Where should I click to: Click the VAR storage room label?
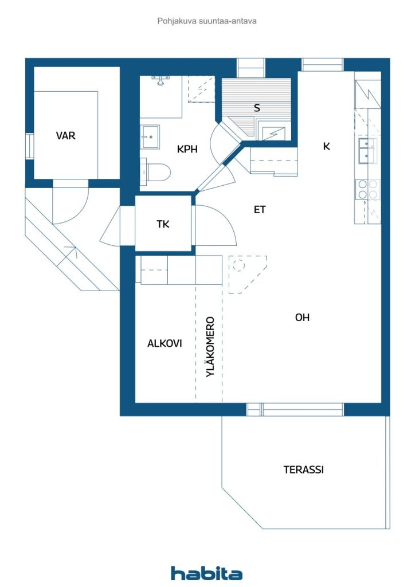pos(65,136)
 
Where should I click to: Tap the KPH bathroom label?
pos(187,149)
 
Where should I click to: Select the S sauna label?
pos(257,108)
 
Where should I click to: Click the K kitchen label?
pos(326,146)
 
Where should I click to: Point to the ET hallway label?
pos(260,210)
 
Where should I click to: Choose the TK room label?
pos(163,224)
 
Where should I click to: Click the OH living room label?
pos(302,317)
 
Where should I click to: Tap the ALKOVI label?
pos(165,343)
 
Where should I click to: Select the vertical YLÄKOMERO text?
pos(210,346)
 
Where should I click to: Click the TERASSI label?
pos(303,469)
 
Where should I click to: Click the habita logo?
pos(206,573)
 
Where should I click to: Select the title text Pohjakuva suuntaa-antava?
pos(207,21)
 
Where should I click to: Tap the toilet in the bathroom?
pos(156,171)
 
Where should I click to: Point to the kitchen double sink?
pos(367,151)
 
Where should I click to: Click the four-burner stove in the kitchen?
pos(367,189)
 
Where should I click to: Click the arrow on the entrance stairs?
pos(70,251)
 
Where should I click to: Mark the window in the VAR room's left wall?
pos(29,146)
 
